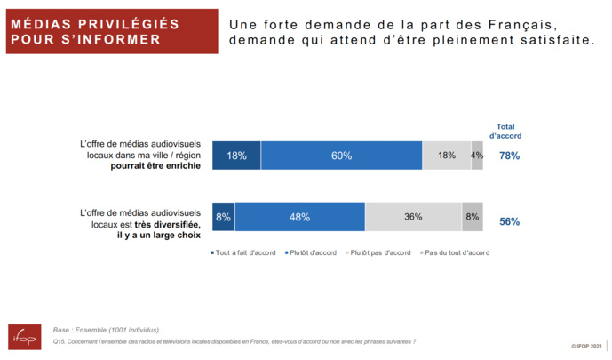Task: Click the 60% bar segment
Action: tap(341, 156)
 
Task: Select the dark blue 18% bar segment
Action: tap(236, 156)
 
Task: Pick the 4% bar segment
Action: tap(477, 156)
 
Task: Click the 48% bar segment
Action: tap(299, 217)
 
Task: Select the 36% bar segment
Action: tap(413, 217)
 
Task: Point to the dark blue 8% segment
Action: tap(223, 217)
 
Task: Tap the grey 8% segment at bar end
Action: tap(473, 217)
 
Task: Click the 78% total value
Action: tap(509, 156)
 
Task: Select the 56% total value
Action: tap(509, 221)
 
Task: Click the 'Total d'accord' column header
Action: tap(505, 132)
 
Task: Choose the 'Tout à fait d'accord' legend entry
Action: tap(244, 252)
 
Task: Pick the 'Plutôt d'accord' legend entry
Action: tap(313, 252)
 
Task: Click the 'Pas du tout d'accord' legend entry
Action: tap(454, 252)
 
